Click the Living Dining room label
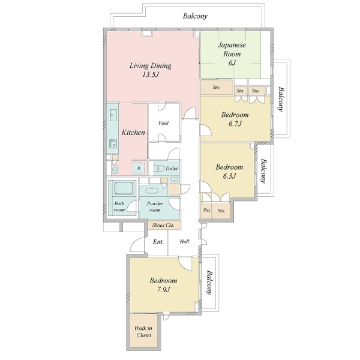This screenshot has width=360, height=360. (151, 65)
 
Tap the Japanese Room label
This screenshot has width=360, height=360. (232, 49)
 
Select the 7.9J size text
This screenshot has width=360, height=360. (163, 290)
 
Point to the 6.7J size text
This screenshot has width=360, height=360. (235, 124)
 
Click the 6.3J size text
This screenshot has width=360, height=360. (229, 176)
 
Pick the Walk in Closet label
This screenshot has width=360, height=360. (143, 332)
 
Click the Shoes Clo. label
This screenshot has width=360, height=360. (163, 225)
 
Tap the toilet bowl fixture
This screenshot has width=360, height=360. (159, 169)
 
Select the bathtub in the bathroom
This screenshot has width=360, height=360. (124, 188)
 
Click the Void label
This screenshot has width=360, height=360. (163, 123)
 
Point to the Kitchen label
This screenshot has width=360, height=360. (133, 133)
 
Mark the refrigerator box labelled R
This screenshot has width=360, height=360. (139, 168)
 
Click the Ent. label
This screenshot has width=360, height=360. (158, 242)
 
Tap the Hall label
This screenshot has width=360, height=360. (185, 242)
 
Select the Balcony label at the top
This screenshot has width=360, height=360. (195, 16)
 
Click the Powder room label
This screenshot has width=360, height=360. (155, 206)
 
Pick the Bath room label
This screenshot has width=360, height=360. (119, 206)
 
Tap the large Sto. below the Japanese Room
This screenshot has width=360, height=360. (217, 87)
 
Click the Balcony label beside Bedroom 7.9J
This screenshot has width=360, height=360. (209, 283)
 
